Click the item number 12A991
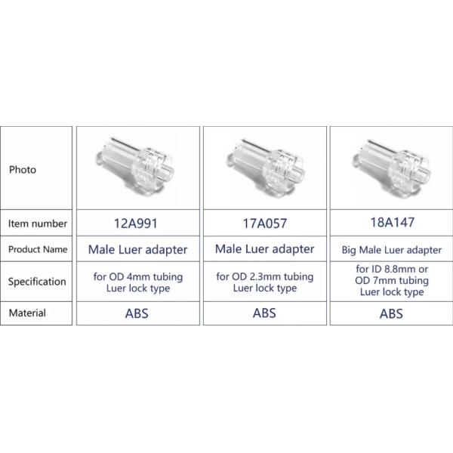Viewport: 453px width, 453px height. (136, 223)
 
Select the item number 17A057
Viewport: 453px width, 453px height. (265, 223)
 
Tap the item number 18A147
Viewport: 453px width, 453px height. (393, 223)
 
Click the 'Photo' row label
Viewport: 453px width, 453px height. (23, 170)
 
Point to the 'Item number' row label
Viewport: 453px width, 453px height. (38, 223)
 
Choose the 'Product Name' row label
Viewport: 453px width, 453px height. (38, 249)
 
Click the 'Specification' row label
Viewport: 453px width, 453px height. (37, 282)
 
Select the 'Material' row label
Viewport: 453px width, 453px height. (27, 313)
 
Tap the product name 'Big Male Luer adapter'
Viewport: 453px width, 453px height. (392, 250)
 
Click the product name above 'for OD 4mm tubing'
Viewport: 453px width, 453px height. (138, 250)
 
